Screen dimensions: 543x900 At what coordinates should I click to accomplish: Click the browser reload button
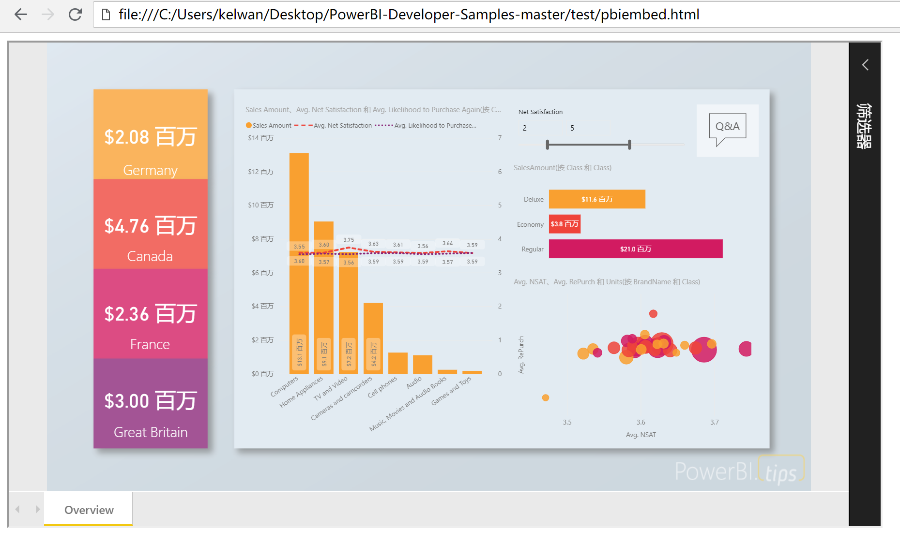75,15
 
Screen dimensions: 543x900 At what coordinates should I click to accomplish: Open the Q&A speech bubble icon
727,129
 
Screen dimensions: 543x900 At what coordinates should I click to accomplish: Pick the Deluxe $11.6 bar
596,199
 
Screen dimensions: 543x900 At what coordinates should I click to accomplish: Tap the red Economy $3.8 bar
564,224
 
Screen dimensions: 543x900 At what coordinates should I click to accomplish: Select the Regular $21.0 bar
635,249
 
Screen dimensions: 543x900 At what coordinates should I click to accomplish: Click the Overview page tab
89,510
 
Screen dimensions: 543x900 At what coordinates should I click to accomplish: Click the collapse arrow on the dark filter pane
865,65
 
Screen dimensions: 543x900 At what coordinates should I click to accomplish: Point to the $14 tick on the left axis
260,138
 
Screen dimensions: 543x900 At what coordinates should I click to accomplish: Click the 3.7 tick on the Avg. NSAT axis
714,422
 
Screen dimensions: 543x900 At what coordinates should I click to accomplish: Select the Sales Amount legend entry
269,125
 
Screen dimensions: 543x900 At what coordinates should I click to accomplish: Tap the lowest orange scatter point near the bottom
546,397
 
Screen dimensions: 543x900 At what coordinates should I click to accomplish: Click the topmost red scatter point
653,314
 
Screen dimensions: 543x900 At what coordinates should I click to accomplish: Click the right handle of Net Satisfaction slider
629,144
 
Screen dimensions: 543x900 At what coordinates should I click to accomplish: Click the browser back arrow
21,15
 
